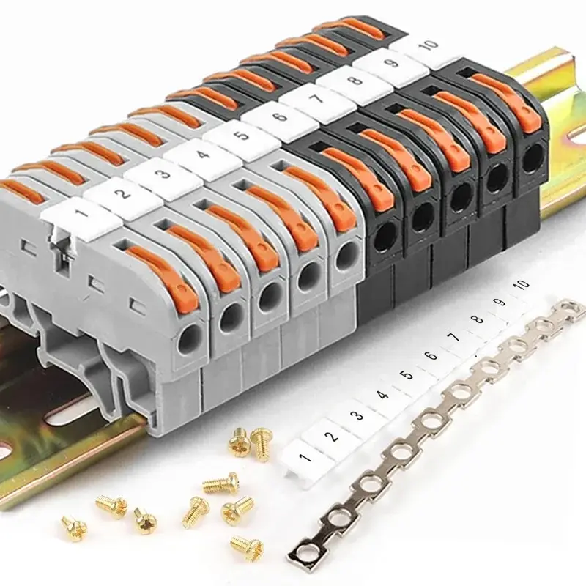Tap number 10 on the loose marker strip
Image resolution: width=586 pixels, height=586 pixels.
(x=522, y=284)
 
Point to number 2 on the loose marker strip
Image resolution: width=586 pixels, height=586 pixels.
(x=331, y=437)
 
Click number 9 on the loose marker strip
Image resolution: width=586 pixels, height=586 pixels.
(x=500, y=302)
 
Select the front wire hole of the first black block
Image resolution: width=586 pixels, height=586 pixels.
(x=382, y=234)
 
